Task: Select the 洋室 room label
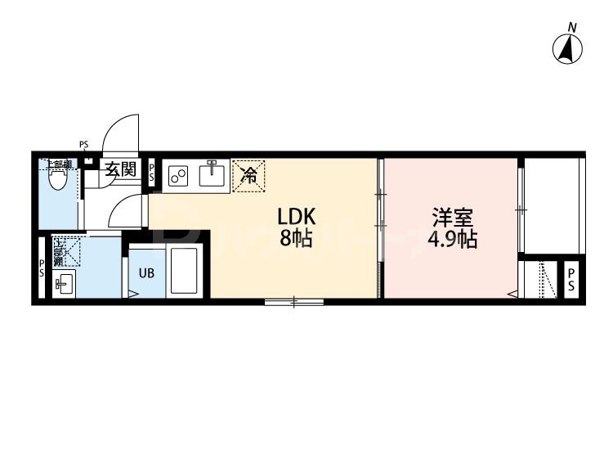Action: tap(451, 218)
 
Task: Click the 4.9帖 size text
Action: tap(451, 241)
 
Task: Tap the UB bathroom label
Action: tap(145, 273)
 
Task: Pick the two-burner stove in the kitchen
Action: tap(178, 174)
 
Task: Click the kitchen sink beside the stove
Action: tap(212, 173)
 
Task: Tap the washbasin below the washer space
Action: tap(63, 285)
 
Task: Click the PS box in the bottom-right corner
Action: tap(571, 279)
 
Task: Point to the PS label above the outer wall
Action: tap(83, 146)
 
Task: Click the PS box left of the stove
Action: tap(152, 173)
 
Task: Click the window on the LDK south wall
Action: tap(293, 303)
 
